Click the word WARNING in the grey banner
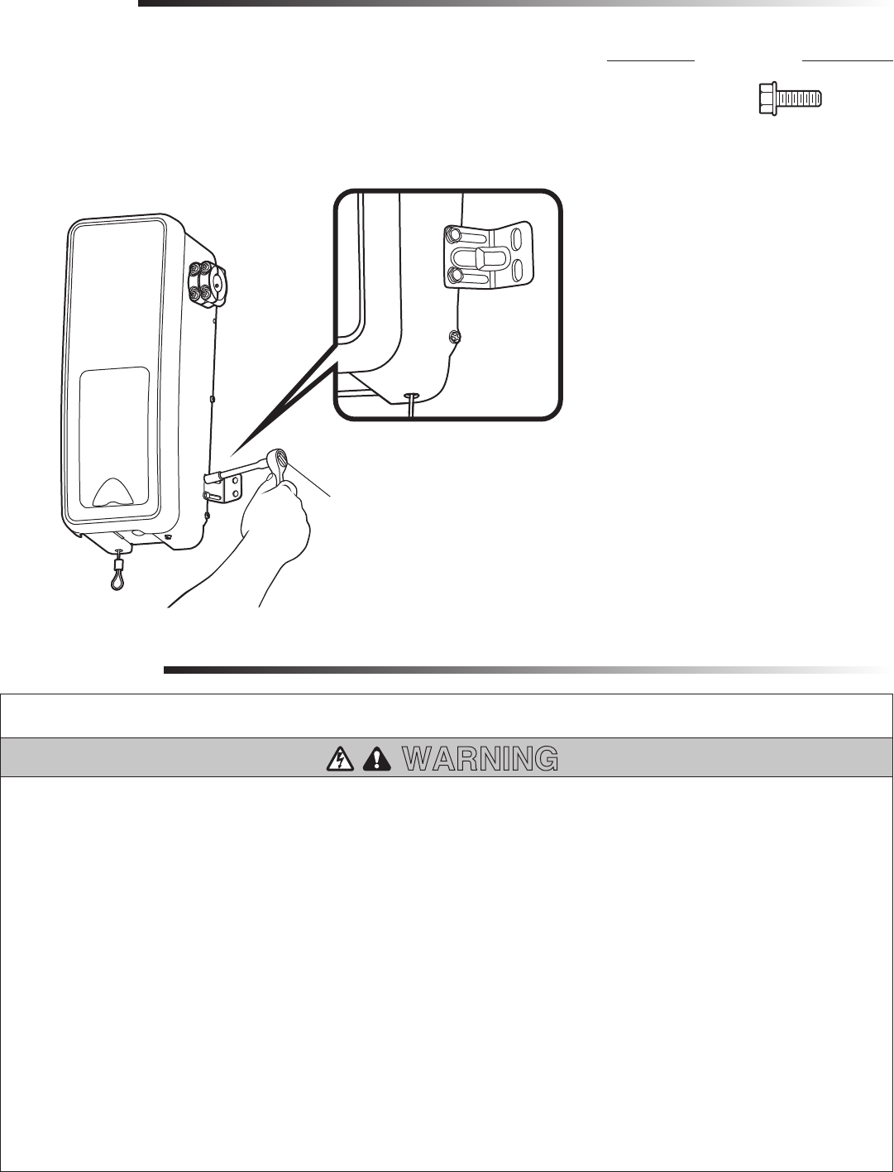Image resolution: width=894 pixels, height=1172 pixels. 479,758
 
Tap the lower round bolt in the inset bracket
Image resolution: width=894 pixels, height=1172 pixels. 455,275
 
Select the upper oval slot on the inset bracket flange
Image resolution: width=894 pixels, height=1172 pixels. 517,239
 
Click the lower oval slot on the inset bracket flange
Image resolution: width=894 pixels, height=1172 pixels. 517,271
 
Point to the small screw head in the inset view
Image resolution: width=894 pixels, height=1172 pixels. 453,337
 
